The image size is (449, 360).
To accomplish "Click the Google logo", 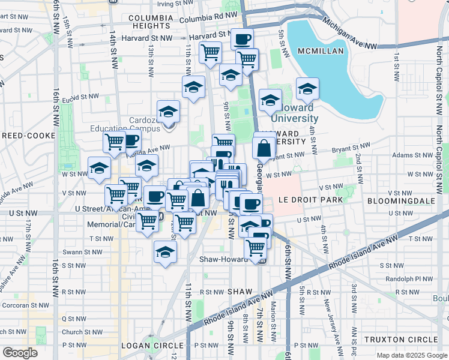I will coord(20,353).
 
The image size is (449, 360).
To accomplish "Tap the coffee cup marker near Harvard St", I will coord(242,40).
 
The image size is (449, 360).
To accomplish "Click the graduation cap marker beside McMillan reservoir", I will coord(307,89).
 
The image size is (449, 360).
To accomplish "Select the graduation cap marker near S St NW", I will coord(165,252).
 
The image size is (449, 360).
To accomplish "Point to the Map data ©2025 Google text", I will coord(411,355).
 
